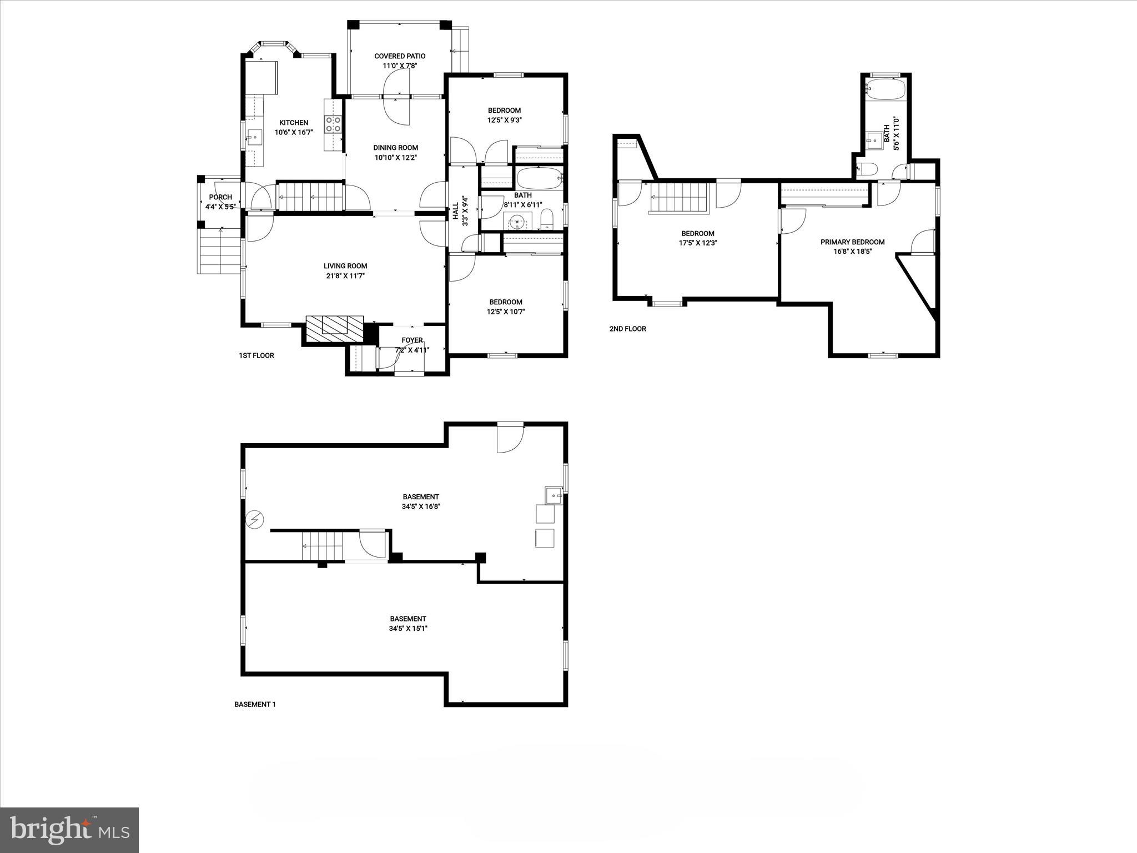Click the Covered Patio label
pyautogui.click(x=400, y=56)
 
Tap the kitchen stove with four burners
pyautogui.click(x=333, y=124)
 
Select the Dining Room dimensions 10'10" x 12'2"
pyautogui.click(x=395, y=158)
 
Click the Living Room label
pyautogui.click(x=345, y=266)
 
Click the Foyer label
pyautogui.click(x=412, y=340)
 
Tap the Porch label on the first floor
pyautogui.click(x=220, y=197)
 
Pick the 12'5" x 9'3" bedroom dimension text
pyautogui.click(x=504, y=120)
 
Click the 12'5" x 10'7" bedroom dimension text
pyautogui.click(x=505, y=312)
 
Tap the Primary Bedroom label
pyautogui.click(x=852, y=242)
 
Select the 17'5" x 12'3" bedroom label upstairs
pyautogui.click(x=697, y=238)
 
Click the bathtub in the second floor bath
pyautogui.click(x=886, y=89)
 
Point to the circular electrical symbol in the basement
pyautogui.click(x=255, y=520)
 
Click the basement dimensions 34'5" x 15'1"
pyautogui.click(x=407, y=629)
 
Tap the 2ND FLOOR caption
pyautogui.click(x=627, y=329)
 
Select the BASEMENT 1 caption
pyautogui.click(x=255, y=704)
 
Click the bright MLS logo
pyautogui.click(x=69, y=830)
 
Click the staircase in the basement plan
pyautogui.click(x=322, y=546)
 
